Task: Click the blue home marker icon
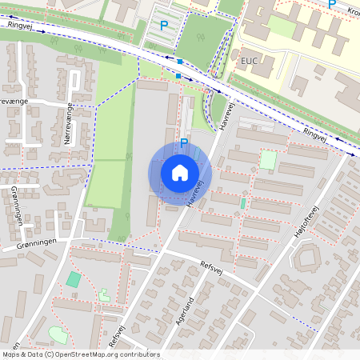point(180,172)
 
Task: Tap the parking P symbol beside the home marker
point(183,143)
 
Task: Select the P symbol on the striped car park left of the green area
point(164,26)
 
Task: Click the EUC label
point(249,61)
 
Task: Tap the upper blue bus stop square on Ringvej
point(180,62)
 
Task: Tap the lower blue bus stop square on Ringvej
point(178,77)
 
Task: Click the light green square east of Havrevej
point(268,160)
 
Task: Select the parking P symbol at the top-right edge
point(332,4)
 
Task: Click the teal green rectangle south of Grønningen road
point(74,279)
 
